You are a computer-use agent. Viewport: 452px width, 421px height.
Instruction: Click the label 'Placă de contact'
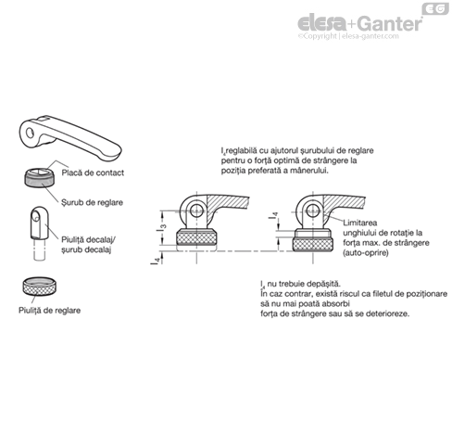(x=93, y=172)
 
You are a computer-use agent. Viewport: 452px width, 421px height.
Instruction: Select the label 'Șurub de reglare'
(x=92, y=203)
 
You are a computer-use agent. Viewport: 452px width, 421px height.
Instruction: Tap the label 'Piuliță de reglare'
(x=50, y=311)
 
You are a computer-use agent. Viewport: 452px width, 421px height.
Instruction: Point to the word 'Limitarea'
(x=359, y=223)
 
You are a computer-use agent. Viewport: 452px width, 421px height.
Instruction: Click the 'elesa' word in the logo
(x=322, y=23)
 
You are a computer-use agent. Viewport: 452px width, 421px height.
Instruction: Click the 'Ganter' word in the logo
(x=390, y=24)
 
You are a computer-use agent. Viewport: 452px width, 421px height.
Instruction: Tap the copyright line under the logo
(x=348, y=36)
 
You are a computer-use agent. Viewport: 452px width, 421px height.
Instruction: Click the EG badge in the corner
(x=435, y=8)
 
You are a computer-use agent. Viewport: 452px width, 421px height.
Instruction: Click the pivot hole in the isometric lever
(x=30, y=133)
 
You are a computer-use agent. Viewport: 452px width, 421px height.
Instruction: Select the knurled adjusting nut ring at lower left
(x=39, y=287)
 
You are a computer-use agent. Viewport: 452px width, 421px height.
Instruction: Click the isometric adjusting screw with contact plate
(x=40, y=177)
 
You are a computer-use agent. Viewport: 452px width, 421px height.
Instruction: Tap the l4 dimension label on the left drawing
(x=157, y=261)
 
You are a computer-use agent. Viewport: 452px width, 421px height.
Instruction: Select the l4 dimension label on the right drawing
(x=273, y=215)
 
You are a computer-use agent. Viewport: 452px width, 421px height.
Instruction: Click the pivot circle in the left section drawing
(x=196, y=210)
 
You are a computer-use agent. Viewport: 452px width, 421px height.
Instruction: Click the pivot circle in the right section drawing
(x=313, y=210)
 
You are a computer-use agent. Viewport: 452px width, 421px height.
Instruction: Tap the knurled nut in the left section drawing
(x=196, y=237)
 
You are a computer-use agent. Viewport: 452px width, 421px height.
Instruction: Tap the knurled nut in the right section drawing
(x=313, y=244)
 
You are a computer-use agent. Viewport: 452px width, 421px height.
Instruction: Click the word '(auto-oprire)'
(x=366, y=253)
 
